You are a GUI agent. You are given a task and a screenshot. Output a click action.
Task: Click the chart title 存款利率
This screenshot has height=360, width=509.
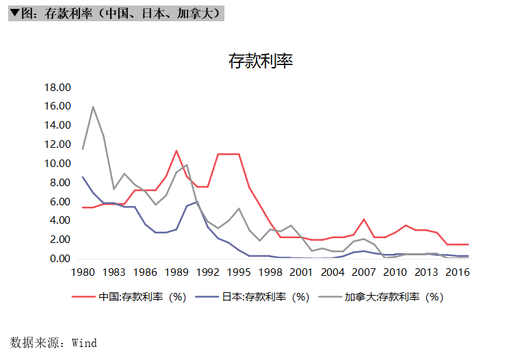coord(261,61)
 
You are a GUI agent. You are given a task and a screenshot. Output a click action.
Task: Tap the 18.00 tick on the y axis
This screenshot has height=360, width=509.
coord(57,88)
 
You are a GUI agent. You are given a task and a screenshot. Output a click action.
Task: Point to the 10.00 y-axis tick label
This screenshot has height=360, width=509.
coord(57,164)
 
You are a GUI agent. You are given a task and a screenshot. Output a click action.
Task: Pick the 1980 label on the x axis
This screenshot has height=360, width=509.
coord(83,272)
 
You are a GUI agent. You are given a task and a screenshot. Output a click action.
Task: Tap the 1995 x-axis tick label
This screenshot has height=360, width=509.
coord(239,272)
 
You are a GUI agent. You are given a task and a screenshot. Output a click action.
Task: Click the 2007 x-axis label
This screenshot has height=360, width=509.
coord(364,272)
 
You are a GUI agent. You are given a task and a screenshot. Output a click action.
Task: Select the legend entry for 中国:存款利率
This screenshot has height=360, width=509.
coord(129,297)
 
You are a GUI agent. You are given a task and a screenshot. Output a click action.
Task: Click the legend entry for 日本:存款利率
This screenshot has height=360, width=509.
coord(252,297)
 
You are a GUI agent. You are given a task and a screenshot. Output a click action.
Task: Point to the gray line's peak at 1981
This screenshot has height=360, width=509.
coord(93,107)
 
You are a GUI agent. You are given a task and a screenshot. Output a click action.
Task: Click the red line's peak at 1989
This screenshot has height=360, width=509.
coord(177,151)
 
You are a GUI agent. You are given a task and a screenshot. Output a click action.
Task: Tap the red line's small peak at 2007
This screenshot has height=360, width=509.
coord(364,219)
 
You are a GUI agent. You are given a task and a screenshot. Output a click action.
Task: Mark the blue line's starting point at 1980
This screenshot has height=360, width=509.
coord(83,177)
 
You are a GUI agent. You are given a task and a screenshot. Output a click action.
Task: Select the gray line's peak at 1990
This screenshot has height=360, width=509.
coord(187,164)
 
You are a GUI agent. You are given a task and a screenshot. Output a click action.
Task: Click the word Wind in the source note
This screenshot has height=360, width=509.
coord(84,343)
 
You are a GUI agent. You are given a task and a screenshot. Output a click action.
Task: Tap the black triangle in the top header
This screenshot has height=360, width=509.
coord(14,13)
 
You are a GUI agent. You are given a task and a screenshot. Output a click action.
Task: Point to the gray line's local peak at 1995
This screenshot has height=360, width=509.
coord(239,209)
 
